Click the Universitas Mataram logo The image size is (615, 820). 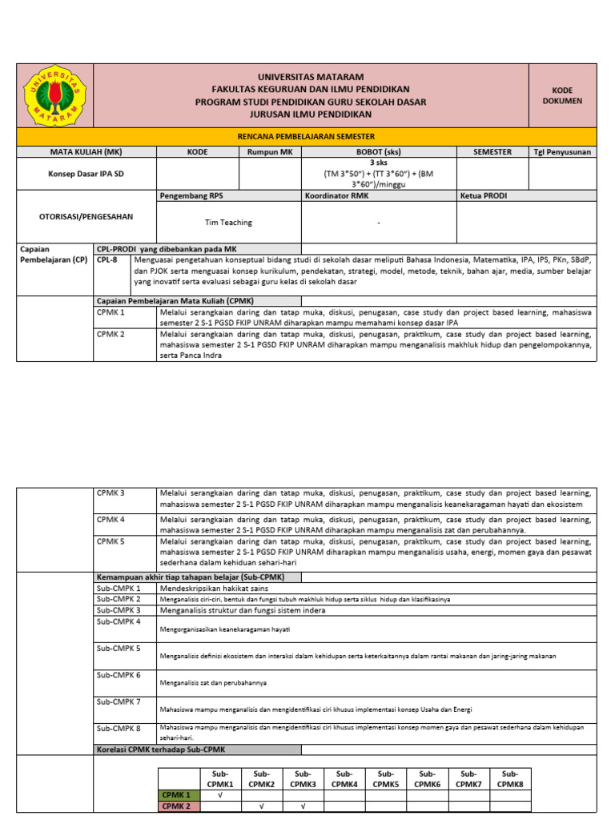coord(54,95)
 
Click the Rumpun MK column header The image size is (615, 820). coord(270,151)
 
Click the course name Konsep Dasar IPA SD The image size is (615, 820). coord(86,172)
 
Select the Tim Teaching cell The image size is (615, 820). coord(228,223)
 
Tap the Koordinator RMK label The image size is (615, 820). coord(336,195)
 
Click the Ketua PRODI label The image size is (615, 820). coord(484,195)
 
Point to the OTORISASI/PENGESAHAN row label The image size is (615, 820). coord(86,216)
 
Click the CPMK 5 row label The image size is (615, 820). coord(111,542)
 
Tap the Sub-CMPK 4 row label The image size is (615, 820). coord(119,621)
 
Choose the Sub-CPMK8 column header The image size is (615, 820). coord(510,779)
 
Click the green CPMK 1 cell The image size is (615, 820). coord(177,795)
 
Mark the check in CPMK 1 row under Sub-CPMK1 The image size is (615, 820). coord(220,795)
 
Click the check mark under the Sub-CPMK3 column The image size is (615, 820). coord(303,807)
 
